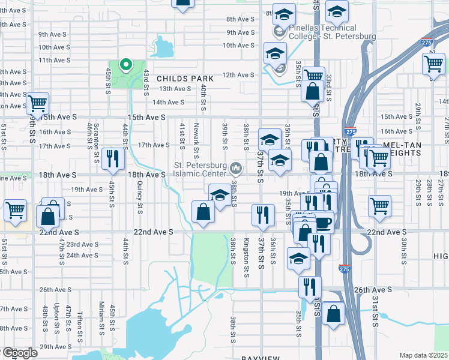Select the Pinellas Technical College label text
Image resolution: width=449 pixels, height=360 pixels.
331,32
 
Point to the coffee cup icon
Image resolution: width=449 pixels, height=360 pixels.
324,223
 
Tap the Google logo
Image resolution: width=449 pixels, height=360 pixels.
19,353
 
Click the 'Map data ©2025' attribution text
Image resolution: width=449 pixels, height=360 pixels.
423,355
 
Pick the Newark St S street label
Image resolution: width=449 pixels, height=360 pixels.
196,134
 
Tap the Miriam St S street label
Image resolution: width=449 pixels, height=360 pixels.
102,319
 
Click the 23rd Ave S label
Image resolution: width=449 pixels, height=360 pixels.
82,244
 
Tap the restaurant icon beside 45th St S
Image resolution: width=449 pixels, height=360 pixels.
113,159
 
